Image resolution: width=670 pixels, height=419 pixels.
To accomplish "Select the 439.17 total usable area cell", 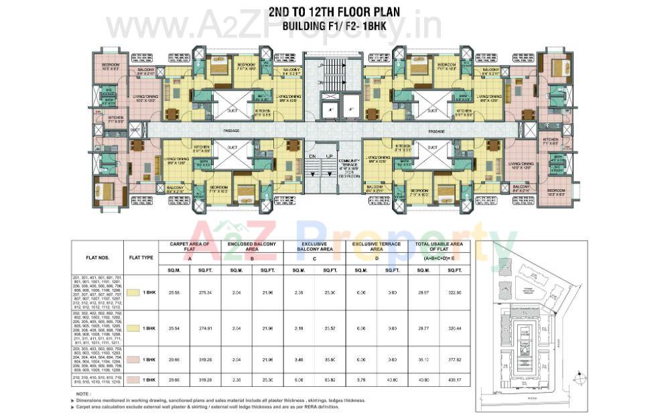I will pyautogui.click(x=454, y=379).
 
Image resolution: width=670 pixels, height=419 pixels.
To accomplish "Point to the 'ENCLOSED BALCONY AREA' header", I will pyautogui.click(x=252, y=247).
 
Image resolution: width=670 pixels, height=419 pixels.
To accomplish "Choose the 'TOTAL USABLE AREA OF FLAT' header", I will pyautogui.click(x=438, y=247).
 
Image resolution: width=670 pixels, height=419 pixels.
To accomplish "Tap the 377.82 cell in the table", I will pyautogui.click(x=454, y=359).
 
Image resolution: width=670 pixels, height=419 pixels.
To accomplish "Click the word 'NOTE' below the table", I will pyautogui.click(x=83, y=394).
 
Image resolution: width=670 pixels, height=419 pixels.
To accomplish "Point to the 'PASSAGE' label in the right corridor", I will pyautogui.click(x=436, y=131).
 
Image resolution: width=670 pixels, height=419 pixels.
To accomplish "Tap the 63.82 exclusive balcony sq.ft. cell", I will pyautogui.click(x=330, y=379).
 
